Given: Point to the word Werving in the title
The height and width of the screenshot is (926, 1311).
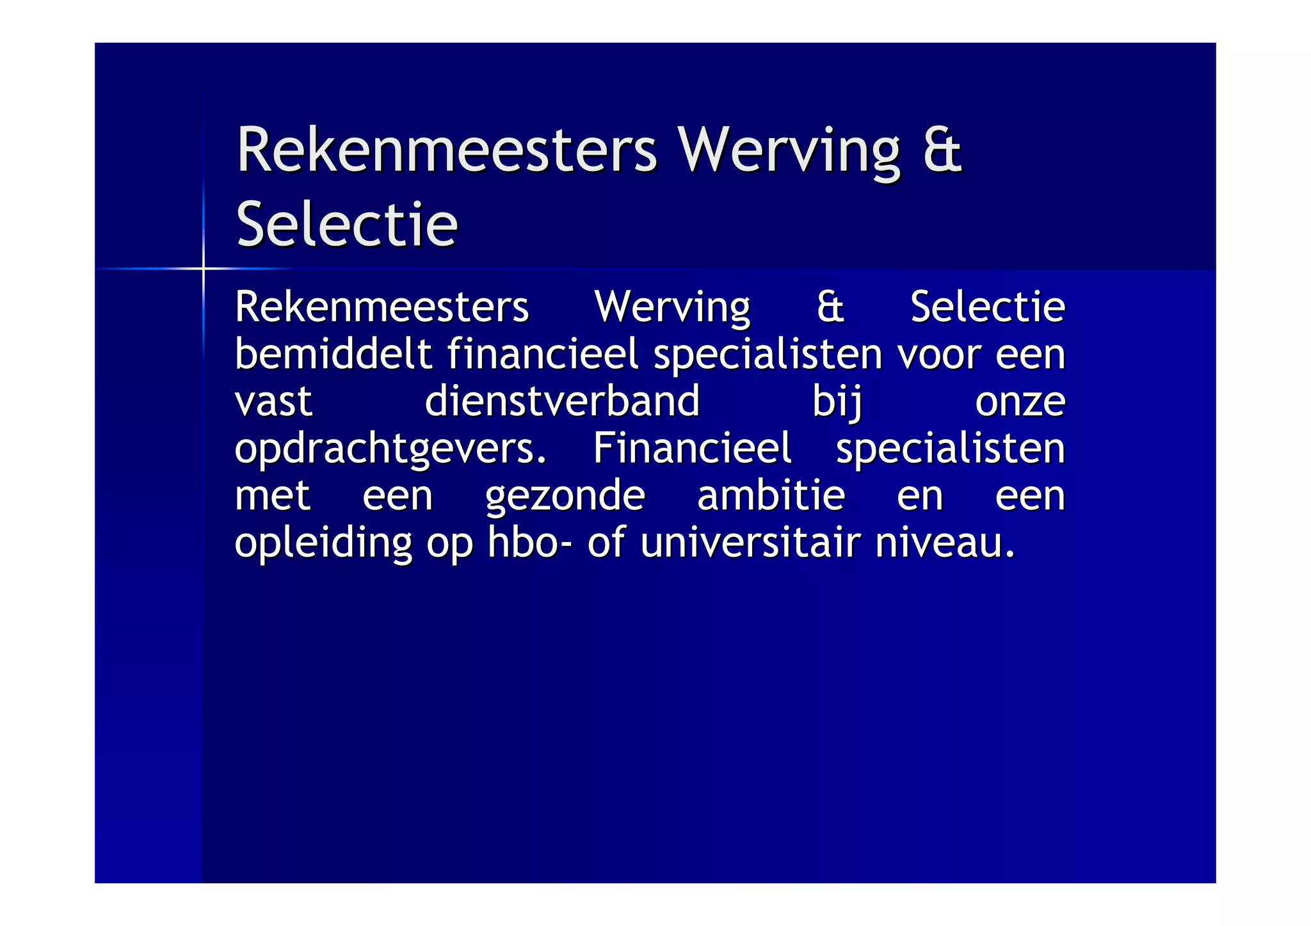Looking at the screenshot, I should coord(789,151).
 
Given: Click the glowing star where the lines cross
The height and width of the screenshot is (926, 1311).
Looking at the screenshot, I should coord(204,269).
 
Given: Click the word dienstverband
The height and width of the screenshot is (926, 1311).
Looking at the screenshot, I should coord(562,401).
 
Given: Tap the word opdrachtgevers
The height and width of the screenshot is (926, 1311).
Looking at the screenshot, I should coord(390,449).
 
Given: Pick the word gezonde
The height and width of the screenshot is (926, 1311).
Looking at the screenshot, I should coord(565,497).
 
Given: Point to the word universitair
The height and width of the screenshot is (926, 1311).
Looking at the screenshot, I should coord(750,543).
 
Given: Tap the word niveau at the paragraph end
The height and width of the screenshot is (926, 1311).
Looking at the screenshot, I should coord(944,543).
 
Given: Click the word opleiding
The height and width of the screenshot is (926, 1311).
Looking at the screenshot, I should coord(323,544).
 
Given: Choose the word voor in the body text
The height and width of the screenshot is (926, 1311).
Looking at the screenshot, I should coord(938,355).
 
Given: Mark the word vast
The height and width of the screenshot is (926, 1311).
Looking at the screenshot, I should coord(273,402).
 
